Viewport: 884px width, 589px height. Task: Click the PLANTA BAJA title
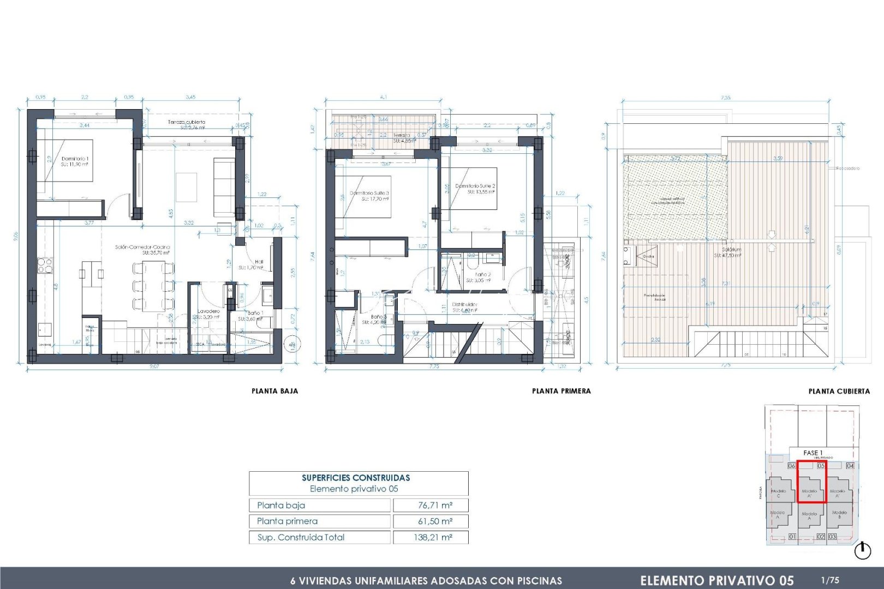(274, 391)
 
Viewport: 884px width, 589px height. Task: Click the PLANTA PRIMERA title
(561, 391)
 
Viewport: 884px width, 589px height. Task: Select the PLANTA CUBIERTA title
(839, 391)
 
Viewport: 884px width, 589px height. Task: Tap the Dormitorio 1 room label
(75, 159)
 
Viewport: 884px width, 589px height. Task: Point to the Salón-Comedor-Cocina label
(142, 247)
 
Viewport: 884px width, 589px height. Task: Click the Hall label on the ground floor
(259, 262)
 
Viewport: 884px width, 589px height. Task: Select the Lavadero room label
(208, 311)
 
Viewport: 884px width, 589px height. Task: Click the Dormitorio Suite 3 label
(369, 193)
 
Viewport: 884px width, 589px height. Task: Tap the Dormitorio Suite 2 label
(475, 186)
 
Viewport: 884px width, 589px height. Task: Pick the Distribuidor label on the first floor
(464, 304)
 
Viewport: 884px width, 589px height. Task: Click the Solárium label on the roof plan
(731, 249)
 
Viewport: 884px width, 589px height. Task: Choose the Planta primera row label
(287, 521)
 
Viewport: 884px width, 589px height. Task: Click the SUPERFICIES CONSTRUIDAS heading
(356, 478)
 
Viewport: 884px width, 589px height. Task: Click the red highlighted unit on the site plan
(811, 482)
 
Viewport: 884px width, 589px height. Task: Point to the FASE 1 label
(813, 453)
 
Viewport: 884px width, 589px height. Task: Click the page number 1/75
(830, 580)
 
